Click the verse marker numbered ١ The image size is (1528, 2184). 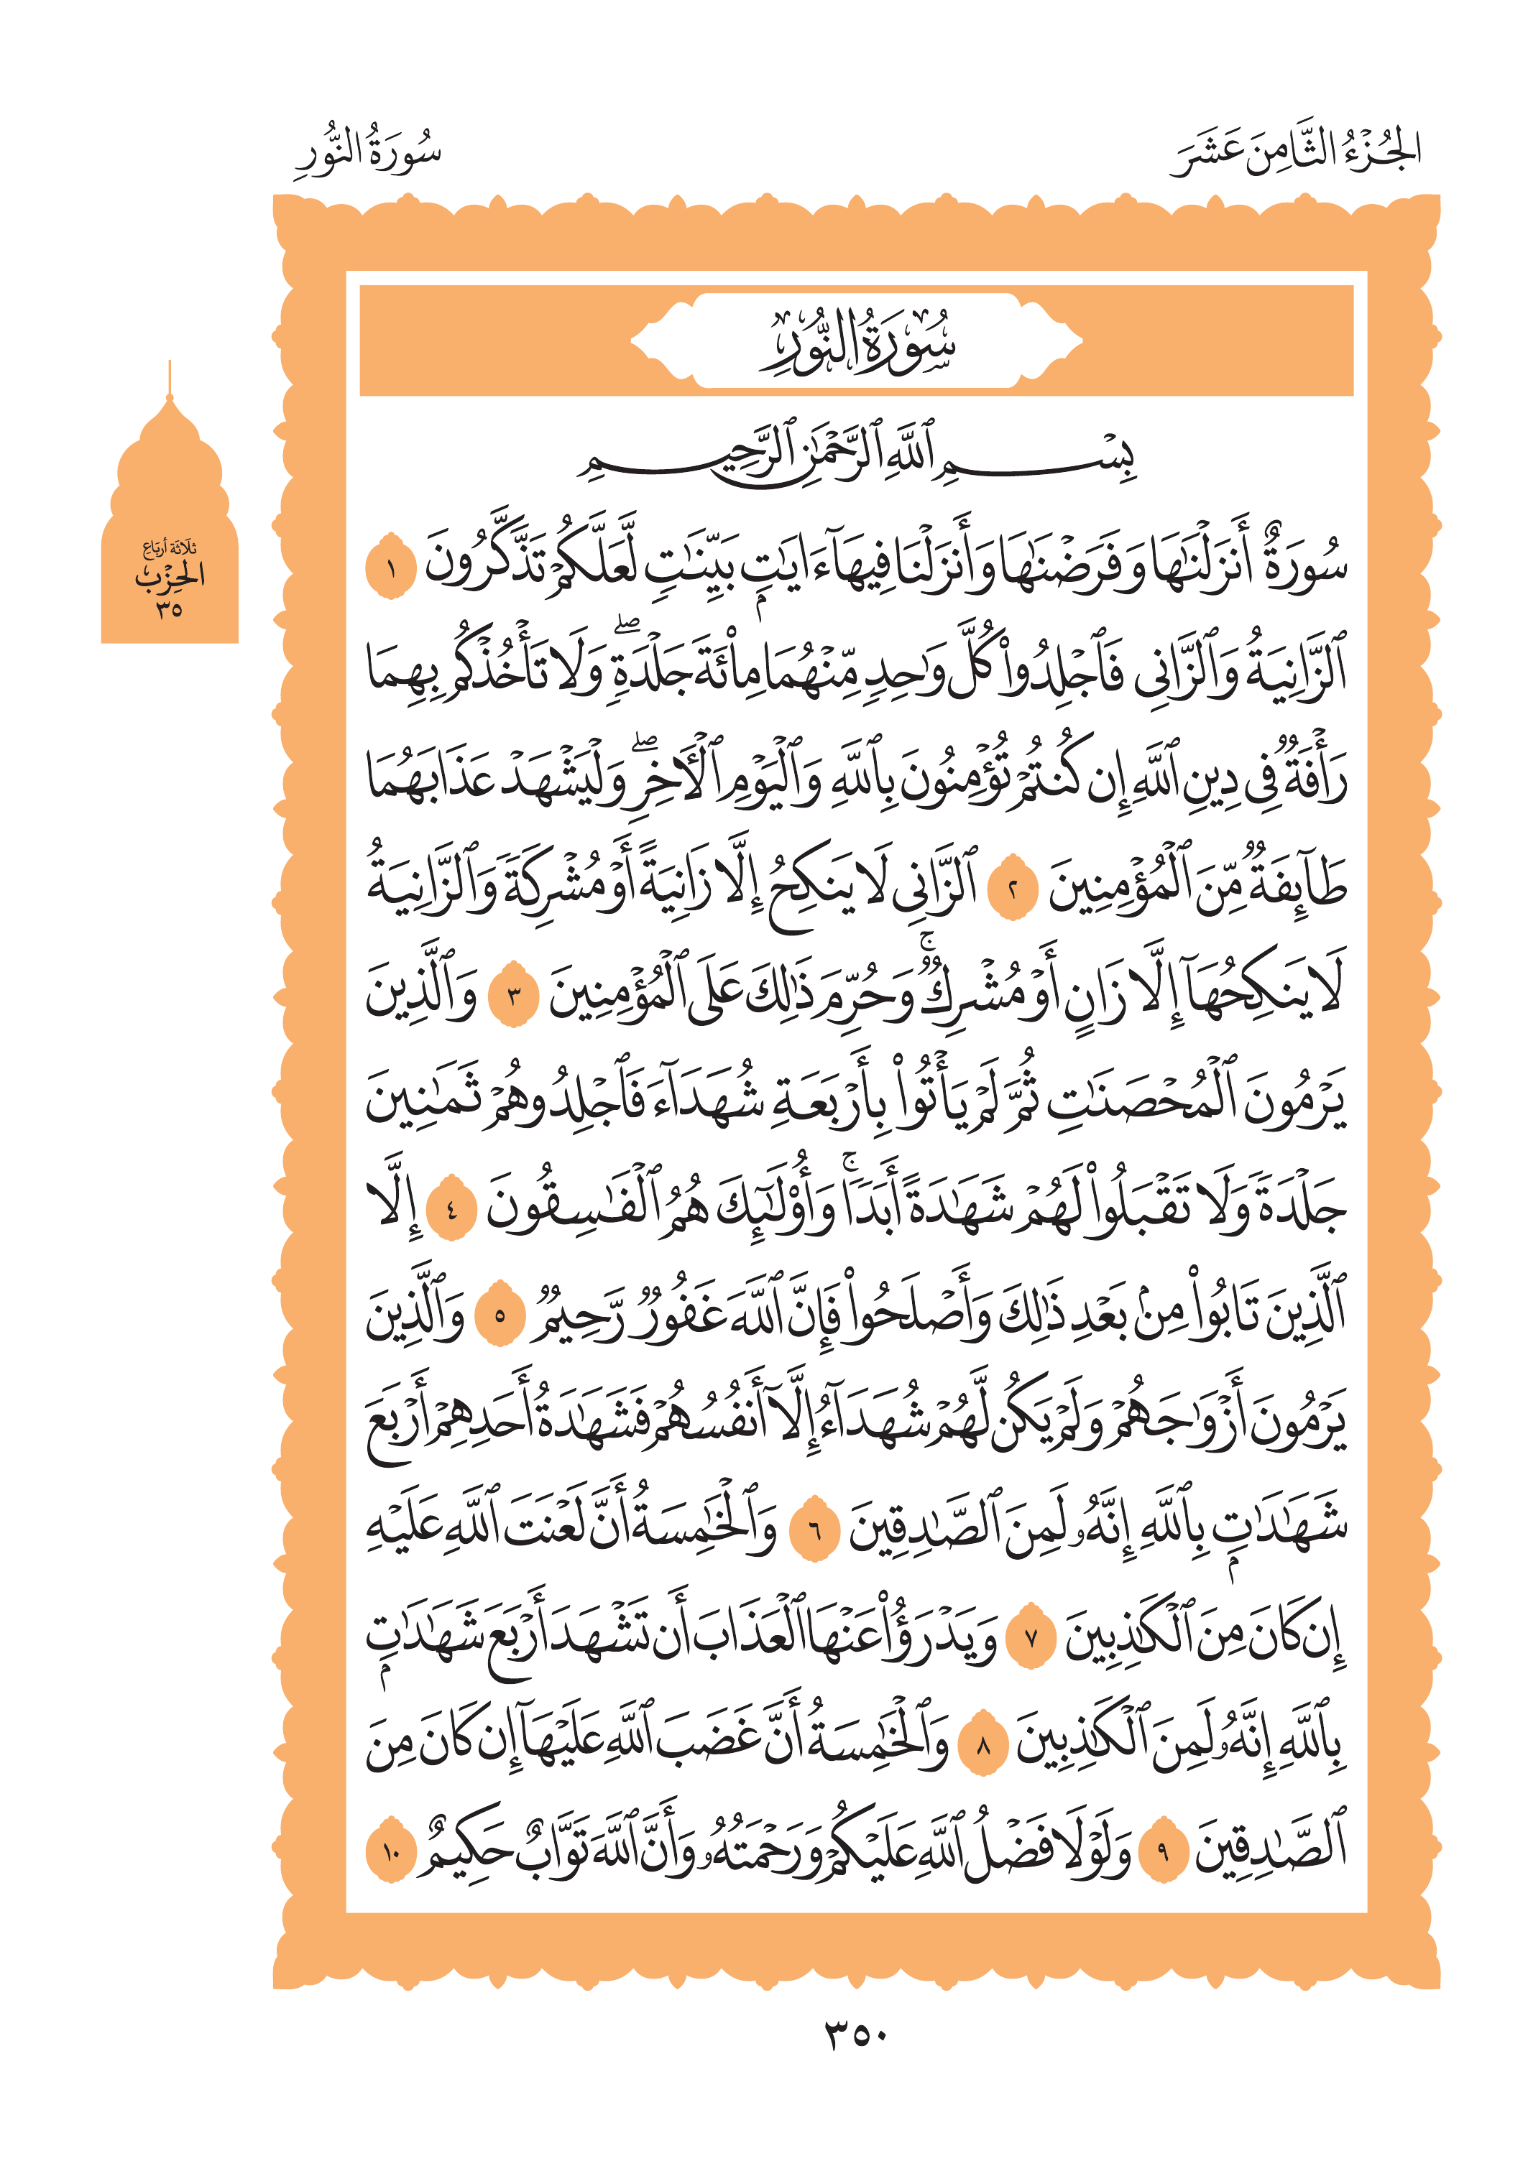[x=390, y=568]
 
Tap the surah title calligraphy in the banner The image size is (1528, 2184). [x=856, y=343]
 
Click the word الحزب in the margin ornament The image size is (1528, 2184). [x=170, y=576]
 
